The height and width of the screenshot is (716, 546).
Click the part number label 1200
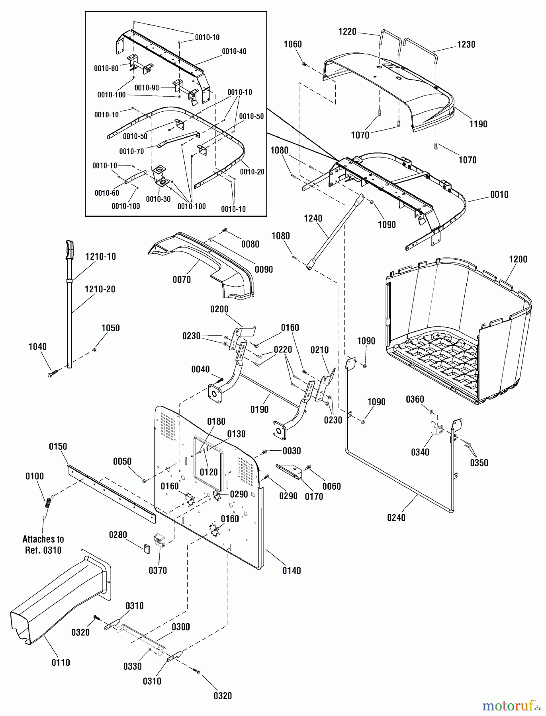pos(518,259)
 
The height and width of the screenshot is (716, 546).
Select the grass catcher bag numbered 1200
pos(458,334)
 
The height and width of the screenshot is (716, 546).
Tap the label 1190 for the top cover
pos(478,124)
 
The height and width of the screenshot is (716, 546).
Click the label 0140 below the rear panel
pos(292,570)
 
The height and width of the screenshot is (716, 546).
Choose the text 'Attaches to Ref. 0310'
pos(43,545)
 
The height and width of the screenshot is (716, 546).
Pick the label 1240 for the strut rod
pos(313,218)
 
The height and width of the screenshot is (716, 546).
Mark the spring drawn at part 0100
pos(48,503)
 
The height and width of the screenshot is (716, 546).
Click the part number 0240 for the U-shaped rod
pos(396,518)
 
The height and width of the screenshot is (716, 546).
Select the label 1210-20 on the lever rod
pos(100,289)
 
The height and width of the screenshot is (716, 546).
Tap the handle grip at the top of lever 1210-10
pos(70,249)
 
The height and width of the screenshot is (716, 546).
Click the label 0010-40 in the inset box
pos(234,51)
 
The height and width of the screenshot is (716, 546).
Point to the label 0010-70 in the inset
pos(131,151)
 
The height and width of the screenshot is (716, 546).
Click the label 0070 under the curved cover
pos(182,280)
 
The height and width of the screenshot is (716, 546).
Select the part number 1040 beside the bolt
pos(37,346)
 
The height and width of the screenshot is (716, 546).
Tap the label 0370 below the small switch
pos(158,570)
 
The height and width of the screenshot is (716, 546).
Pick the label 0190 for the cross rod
pos(259,409)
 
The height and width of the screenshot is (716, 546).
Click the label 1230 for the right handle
pos(466,45)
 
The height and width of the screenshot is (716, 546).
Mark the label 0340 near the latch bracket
pos(420,452)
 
